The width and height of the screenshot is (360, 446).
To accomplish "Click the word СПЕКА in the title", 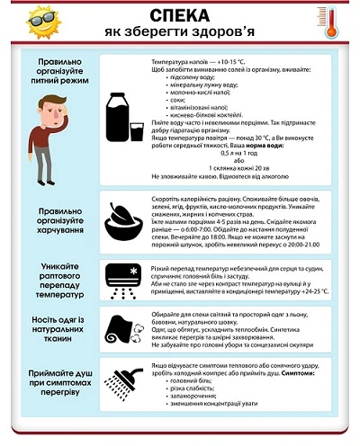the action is click(179, 16).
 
